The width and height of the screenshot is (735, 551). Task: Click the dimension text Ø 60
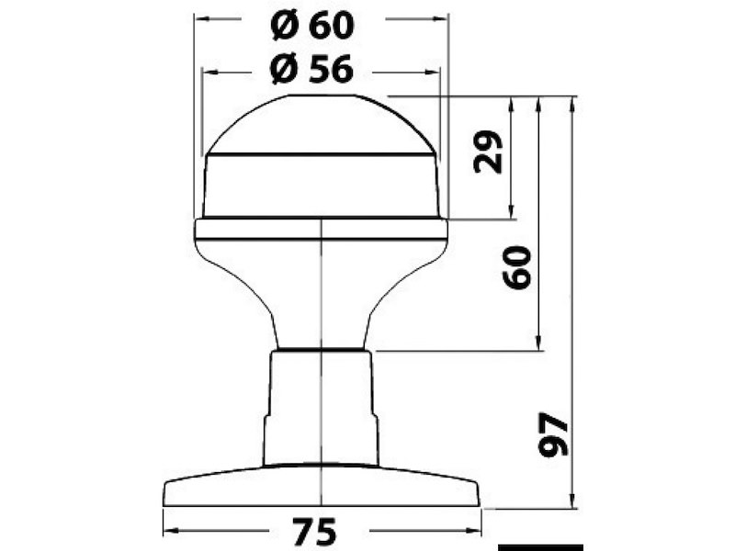[312, 27]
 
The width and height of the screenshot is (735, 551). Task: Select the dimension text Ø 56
[312, 69]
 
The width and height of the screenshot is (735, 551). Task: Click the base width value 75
[313, 532]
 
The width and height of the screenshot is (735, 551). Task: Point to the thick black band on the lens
[321, 158]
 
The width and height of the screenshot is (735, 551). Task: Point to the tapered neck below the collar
[321, 294]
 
